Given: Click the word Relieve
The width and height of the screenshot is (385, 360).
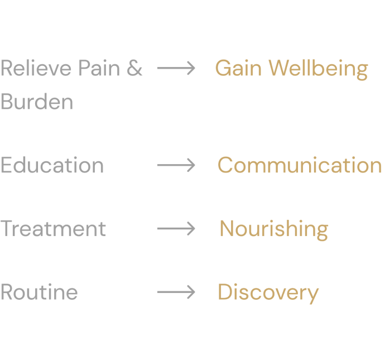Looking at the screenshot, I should (x=36, y=69).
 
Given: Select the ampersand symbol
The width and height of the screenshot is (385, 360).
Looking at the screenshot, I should (x=135, y=69).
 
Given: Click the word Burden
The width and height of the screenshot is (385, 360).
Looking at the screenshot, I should (x=37, y=102).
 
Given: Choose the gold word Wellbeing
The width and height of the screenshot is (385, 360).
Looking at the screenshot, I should (x=318, y=69).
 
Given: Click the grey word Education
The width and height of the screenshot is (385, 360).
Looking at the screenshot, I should (x=52, y=165).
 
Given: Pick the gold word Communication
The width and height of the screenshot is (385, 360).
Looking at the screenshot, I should (x=300, y=165).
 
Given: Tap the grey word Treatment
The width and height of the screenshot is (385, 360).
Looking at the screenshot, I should (x=53, y=229).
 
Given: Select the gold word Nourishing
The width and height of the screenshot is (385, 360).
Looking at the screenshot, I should (x=273, y=229).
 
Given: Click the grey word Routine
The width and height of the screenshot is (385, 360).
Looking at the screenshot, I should (x=39, y=292).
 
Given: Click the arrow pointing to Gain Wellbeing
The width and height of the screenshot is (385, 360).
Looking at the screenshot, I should (x=176, y=69).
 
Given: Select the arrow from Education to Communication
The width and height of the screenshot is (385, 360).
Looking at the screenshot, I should (x=176, y=165).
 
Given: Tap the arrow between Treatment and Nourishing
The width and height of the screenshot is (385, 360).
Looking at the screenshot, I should (x=176, y=228).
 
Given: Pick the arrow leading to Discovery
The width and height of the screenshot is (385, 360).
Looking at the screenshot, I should (x=176, y=292).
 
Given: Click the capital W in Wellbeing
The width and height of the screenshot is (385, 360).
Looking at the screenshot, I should (x=278, y=69).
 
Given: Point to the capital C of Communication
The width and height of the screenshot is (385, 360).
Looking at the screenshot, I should (x=225, y=165).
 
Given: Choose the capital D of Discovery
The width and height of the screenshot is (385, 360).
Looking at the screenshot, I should (x=224, y=292).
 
